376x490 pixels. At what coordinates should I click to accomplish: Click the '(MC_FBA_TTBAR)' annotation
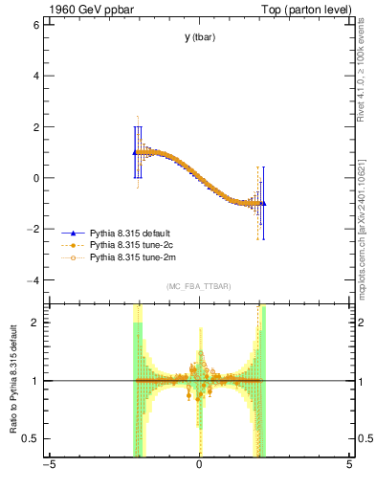(199, 287)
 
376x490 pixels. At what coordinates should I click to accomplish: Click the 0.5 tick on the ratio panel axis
(31, 438)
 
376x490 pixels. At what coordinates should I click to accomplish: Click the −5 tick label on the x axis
(49, 465)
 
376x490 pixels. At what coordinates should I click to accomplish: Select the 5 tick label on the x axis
(349, 465)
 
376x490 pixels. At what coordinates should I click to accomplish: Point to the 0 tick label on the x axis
(199, 465)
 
